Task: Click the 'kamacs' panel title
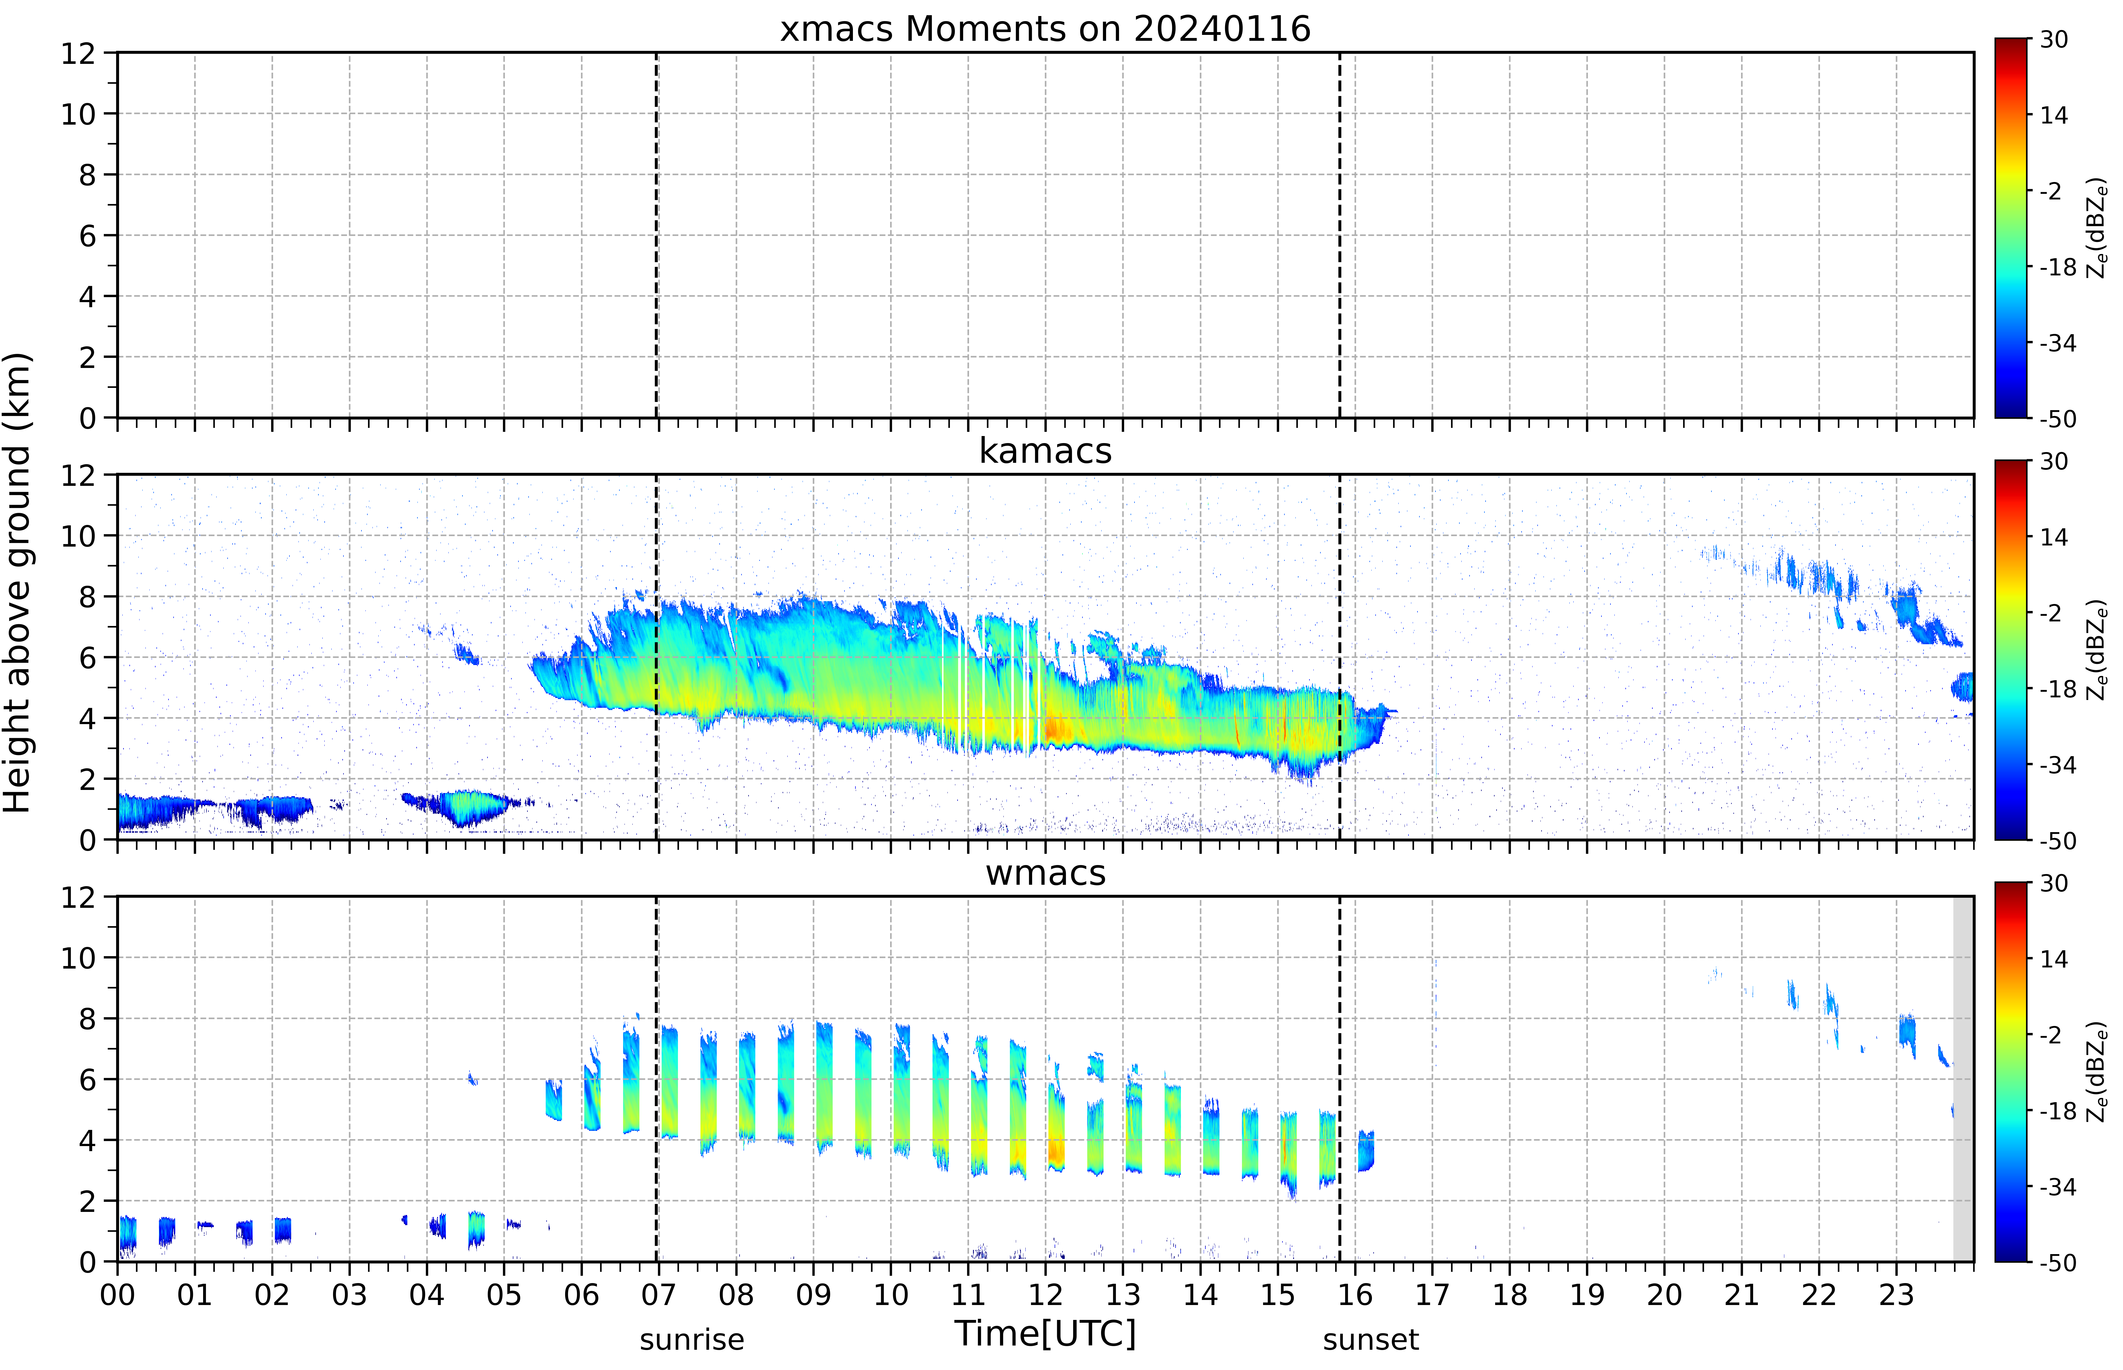coord(1045,451)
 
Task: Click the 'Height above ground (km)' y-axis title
coord(18,583)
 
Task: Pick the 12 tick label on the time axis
coord(1046,1294)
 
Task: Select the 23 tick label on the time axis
coord(1896,1294)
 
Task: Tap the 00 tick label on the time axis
coord(117,1294)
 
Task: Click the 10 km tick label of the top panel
coord(78,114)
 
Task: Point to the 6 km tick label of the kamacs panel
coord(87,657)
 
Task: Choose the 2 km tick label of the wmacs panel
coord(87,1201)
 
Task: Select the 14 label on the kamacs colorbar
coord(2054,536)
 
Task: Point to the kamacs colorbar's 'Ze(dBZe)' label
coord(2097,650)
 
